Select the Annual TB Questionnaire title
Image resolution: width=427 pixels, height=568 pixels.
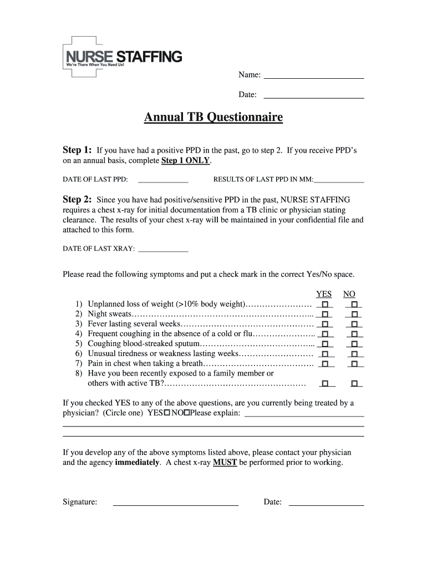[x=213, y=118]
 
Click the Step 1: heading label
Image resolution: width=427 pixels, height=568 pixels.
[x=77, y=150]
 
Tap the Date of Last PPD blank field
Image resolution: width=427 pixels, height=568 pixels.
[x=162, y=180]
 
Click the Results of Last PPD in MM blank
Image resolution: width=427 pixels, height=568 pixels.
[x=339, y=180]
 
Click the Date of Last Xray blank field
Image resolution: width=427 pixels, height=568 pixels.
[x=162, y=249]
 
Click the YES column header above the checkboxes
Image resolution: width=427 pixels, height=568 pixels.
[x=324, y=294]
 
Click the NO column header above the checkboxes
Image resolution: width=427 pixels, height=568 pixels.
[x=349, y=294]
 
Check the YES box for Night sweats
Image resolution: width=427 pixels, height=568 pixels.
[x=325, y=315]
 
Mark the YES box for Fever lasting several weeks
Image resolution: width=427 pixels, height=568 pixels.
[x=325, y=324]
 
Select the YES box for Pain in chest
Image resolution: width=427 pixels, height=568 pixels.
[x=325, y=364]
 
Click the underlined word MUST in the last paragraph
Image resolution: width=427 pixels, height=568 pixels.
[x=225, y=462]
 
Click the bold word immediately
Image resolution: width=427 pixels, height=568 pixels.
[x=137, y=462]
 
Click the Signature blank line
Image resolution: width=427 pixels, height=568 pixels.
[x=175, y=503]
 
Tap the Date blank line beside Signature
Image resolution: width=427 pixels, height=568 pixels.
[x=326, y=503]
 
